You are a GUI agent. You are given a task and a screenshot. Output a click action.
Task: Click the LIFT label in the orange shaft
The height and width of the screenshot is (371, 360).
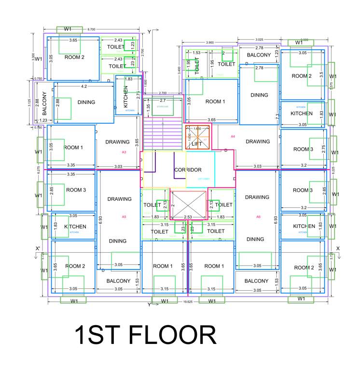197,144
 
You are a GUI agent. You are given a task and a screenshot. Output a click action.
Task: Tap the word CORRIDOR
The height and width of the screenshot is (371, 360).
188,170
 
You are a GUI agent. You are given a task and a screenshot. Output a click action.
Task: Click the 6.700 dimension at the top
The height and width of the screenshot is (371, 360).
91,29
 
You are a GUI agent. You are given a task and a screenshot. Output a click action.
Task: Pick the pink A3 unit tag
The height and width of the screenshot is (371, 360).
124,152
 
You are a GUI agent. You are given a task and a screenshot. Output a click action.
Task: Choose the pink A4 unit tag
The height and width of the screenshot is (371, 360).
233,137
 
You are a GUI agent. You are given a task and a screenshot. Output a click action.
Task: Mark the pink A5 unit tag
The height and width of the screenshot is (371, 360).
124,217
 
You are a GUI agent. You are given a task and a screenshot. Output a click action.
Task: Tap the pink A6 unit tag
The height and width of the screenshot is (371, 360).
258,217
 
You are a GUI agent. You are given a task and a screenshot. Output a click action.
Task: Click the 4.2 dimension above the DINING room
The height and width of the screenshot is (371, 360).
84,86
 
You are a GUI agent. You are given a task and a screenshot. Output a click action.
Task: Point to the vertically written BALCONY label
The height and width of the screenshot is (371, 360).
44,103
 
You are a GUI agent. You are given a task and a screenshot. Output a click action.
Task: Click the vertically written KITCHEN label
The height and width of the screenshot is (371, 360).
125,96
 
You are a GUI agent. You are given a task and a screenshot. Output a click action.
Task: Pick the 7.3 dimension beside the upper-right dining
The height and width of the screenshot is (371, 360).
278,116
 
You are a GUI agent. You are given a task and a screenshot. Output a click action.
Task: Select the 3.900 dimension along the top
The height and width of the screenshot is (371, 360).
209,43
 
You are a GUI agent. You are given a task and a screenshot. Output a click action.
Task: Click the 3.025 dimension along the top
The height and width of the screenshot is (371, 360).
259,40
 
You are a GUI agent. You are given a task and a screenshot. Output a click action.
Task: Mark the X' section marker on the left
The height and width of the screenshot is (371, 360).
38,248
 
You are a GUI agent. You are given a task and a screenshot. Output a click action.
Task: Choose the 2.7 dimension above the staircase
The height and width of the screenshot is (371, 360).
162,100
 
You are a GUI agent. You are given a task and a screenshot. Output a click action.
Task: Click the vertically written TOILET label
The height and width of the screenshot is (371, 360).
197,65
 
